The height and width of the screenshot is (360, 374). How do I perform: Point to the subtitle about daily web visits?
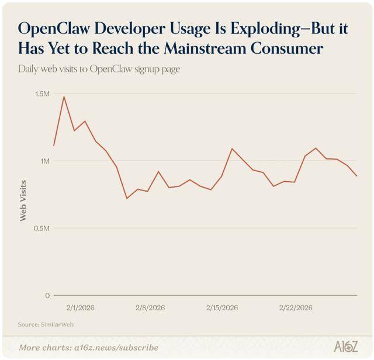[99, 68]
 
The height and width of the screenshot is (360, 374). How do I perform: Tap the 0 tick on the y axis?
[49, 295]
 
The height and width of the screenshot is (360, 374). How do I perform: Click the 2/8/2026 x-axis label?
[150, 307]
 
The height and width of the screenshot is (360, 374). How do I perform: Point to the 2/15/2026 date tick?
[221, 307]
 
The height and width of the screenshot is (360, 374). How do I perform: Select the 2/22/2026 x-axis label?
[295, 307]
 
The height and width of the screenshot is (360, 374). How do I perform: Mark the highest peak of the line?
[64, 96]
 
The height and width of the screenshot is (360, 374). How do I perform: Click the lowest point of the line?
[127, 198]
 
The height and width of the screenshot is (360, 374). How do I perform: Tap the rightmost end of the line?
[356, 176]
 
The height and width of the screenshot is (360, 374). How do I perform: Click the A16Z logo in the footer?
[345, 347]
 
